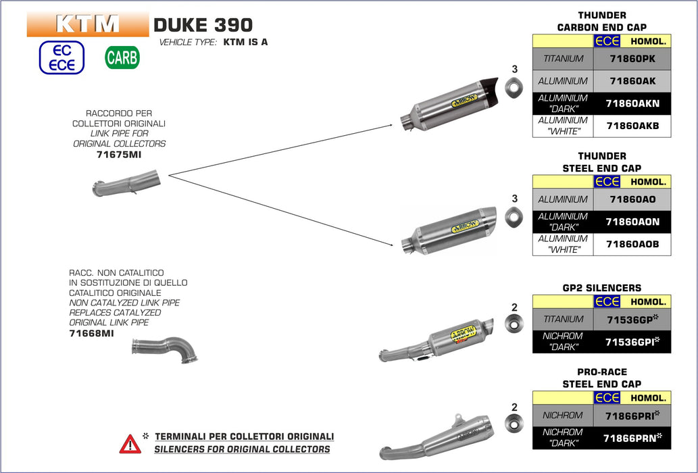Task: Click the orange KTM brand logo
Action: tap(87, 24)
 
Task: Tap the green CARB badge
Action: tap(122, 57)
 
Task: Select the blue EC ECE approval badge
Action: tap(61, 57)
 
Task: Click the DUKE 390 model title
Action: tap(203, 25)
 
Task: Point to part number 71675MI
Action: tap(119, 155)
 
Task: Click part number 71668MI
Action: tap(91, 333)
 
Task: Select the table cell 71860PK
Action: tap(632, 59)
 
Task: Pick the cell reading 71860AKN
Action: tap(632, 103)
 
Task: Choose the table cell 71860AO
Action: tap(632, 199)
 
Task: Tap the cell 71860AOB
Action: tap(632, 244)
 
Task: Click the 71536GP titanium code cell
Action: tap(632, 319)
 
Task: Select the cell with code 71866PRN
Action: tap(632, 438)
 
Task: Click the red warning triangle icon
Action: tap(130, 443)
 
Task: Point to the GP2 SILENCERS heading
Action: tap(601, 288)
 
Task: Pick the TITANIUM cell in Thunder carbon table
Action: tap(563, 59)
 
